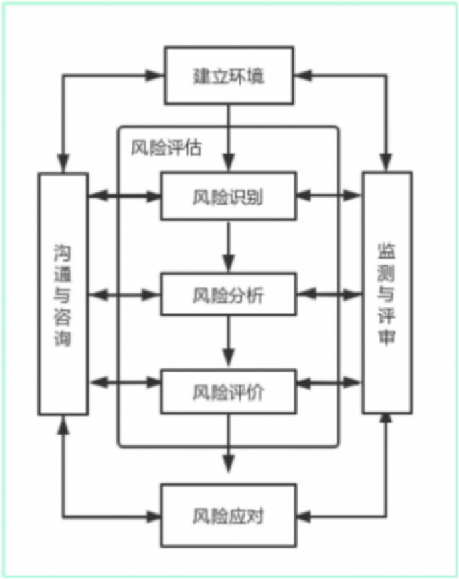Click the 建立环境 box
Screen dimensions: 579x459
[x=229, y=76]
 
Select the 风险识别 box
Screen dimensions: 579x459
[x=229, y=195]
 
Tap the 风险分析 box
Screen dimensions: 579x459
[x=229, y=294]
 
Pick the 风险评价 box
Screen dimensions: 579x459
[x=229, y=392]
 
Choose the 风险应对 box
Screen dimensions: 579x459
[x=229, y=516]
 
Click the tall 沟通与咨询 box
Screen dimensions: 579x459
[x=63, y=293]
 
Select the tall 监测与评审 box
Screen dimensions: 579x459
[x=386, y=293]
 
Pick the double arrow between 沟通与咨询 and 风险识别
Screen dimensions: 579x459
[x=124, y=195]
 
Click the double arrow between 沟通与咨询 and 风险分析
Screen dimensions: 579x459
[x=124, y=294]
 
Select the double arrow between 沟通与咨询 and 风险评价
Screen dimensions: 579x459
[x=124, y=383]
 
